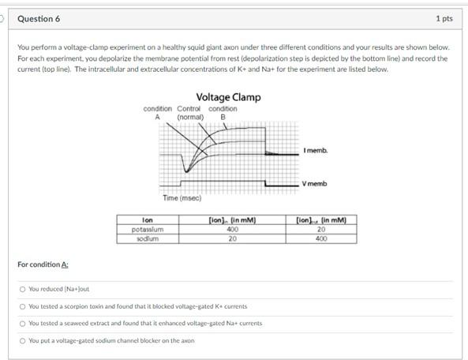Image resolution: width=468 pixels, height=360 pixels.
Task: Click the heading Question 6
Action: tap(39, 18)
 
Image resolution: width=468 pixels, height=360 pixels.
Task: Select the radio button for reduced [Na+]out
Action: tap(22, 289)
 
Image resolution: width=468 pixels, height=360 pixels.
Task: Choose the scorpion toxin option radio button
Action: tap(22, 306)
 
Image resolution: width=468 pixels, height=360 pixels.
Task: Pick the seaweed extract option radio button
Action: tap(22, 323)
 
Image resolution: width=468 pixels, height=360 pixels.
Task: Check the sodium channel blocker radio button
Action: tap(22, 340)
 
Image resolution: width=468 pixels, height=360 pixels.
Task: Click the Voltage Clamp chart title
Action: tap(228, 97)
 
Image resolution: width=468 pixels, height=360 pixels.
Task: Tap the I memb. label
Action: tap(315, 150)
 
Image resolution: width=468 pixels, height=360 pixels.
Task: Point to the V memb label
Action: tap(314, 184)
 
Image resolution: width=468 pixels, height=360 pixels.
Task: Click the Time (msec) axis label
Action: tap(182, 198)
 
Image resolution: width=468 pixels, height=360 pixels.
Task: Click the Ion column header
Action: tap(147, 220)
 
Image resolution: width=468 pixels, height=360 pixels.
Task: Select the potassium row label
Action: tap(147, 229)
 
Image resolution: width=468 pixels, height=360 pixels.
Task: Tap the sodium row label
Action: tap(147, 238)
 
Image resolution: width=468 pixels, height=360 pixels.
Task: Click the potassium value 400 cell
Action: tap(233, 229)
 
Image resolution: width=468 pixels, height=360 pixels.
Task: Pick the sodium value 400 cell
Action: tap(321, 238)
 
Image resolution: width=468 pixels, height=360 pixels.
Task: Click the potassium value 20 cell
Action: tap(321, 229)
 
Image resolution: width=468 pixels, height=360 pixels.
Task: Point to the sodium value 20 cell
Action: tap(233, 238)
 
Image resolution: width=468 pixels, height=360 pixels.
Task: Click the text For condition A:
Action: tap(43, 264)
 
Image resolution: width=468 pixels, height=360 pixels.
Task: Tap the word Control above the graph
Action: tap(189, 109)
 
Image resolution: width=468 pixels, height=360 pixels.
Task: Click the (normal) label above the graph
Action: tap(190, 117)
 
